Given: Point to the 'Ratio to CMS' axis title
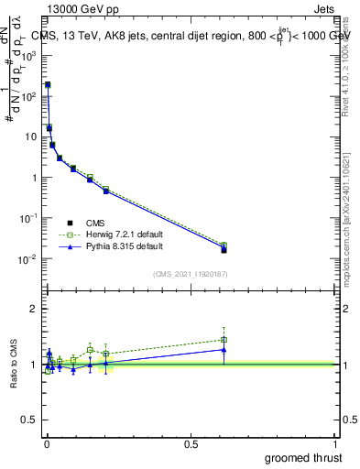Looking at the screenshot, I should point(15,365).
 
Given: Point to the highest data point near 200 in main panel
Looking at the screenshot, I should point(48,84).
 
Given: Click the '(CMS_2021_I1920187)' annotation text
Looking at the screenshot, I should point(191,274).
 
